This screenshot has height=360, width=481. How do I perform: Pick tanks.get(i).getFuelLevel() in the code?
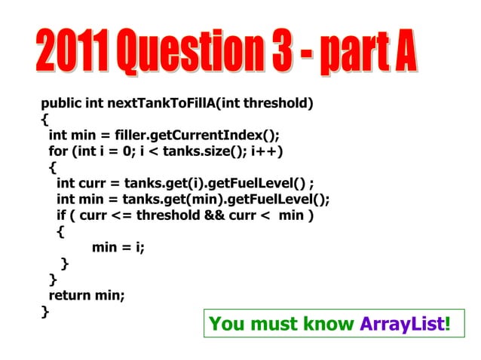coord(216,183)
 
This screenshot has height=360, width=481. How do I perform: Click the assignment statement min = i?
coord(118,247)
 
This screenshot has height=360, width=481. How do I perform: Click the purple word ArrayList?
coord(403,325)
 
